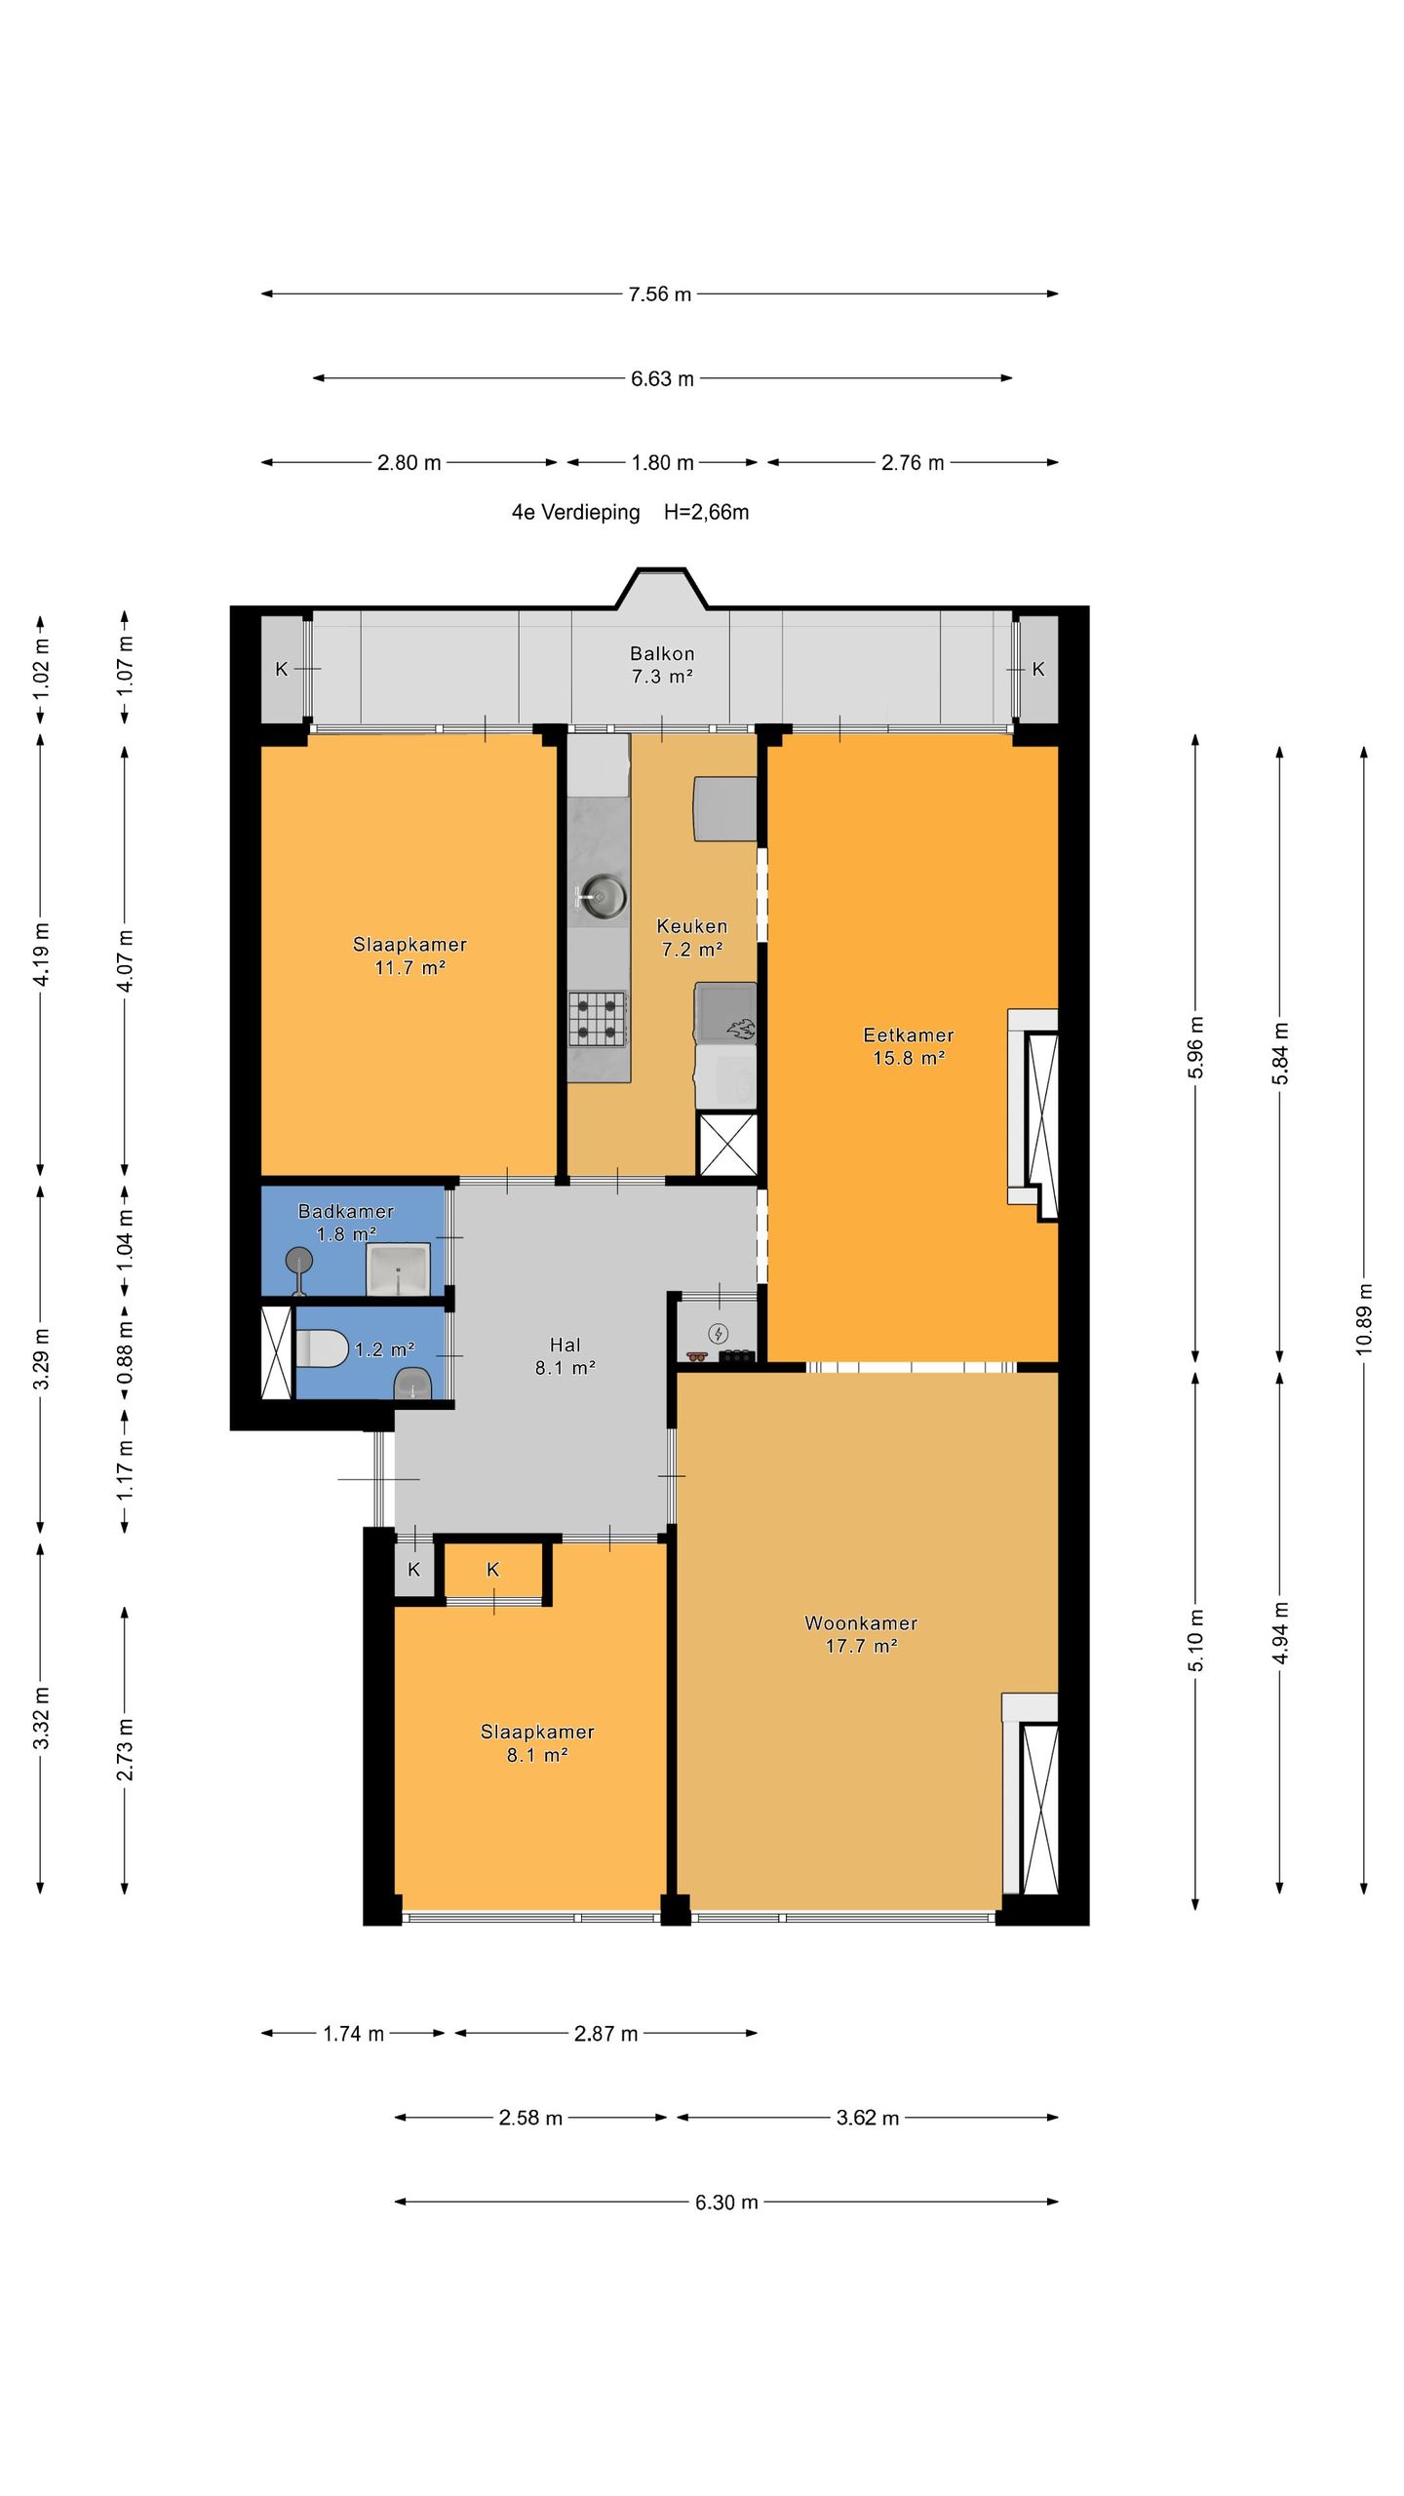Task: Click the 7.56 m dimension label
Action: (x=660, y=294)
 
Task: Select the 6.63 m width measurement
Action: (x=662, y=378)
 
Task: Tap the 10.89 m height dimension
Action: (x=1364, y=1318)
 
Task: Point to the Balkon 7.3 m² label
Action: (x=662, y=665)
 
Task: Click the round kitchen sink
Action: (x=604, y=895)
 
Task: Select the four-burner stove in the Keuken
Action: (x=598, y=1018)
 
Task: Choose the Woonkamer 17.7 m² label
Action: (x=861, y=1634)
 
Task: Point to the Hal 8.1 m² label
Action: (x=565, y=1356)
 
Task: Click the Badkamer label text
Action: (x=346, y=1211)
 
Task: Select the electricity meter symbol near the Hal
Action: (x=719, y=1333)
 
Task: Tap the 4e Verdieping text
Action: (x=575, y=513)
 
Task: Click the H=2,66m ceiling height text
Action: (x=707, y=513)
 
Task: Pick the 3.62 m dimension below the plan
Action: (x=868, y=2118)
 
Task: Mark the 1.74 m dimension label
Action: (x=353, y=2034)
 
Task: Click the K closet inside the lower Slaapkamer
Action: (x=493, y=1570)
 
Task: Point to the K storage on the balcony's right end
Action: (x=1038, y=669)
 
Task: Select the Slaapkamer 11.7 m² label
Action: (x=409, y=955)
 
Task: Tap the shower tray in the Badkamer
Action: (x=398, y=1269)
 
